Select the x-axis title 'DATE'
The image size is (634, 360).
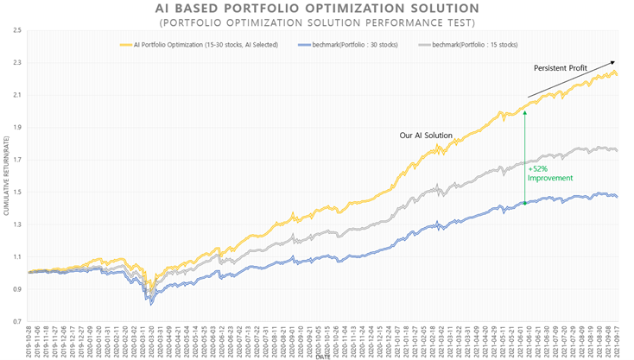pyautogui.click(x=321, y=356)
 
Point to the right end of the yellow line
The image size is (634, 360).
pyautogui.click(x=616, y=75)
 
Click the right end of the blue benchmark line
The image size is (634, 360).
pyautogui.click(x=616, y=197)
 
